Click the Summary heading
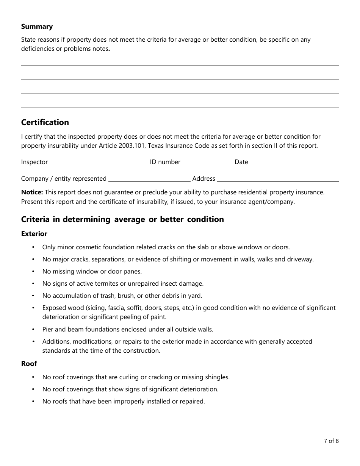pos(37,27)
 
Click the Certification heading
pos(45,122)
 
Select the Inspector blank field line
pos(99,163)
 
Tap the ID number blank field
pos(207,163)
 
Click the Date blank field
pos(294,163)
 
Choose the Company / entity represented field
pos(149,179)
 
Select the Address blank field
pos(277,179)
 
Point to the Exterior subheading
pos(34,234)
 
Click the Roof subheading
pos(29,364)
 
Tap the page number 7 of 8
pos(331,441)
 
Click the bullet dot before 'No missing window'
pos(33,272)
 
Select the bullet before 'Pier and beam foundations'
pos(33,330)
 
